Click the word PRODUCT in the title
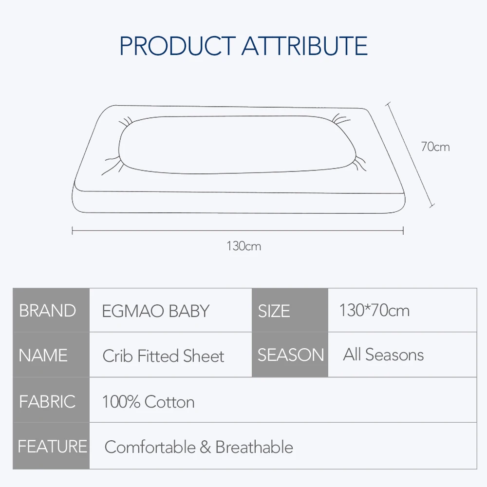pyautogui.click(x=178, y=46)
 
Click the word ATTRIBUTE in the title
pyautogui.click(x=305, y=46)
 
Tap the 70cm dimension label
pyautogui.click(x=435, y=147)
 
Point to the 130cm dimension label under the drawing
pyautogui.click(x=244, y=246)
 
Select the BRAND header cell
pyautogui.click(x=51, y=310)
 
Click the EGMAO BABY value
pyautogui.click(x=156, y=311)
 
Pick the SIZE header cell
pyautogui.click(x=290, y=310)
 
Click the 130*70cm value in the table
pyautogui.click(x=374, y=310)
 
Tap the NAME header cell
pyautogui.click(x=51, y=355)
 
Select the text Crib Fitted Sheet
pyautogui.click(x=163, y=356)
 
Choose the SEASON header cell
pyautogui.click(x=290, y=355)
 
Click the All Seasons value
pyautogui.click(x=383, y=355)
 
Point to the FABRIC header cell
pyautogui.click(x=51, y=400)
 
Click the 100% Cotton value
pyautogui.click(x=149, y=402)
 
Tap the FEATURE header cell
pyautogui.click(x=51, y=446)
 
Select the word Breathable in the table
pyautogui.click(x=254, y=447)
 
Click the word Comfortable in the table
pyautogui.click(x=150, y=447)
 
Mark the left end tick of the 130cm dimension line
pyautogui.click(x=72, y=231)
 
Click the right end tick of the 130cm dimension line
pyautogui.click(x=403, y=231)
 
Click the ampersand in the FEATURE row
pyautogui.click(x=206, y=447)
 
